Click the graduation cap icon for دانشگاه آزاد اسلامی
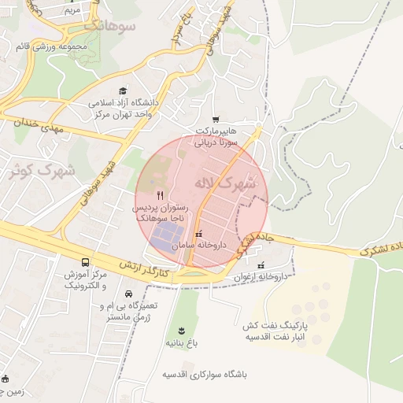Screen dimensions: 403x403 (x=121, y=91)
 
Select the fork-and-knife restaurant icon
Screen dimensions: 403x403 (x=161, y=194)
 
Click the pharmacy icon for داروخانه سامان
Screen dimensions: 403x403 (x=198, y=233)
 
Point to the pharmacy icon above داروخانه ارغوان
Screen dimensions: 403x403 (x=261, y=266)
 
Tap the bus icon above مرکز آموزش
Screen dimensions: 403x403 (x=84, y=262)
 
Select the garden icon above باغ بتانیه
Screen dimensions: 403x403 (x=180, y=330)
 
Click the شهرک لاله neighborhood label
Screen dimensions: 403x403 (x=234, y=183)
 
